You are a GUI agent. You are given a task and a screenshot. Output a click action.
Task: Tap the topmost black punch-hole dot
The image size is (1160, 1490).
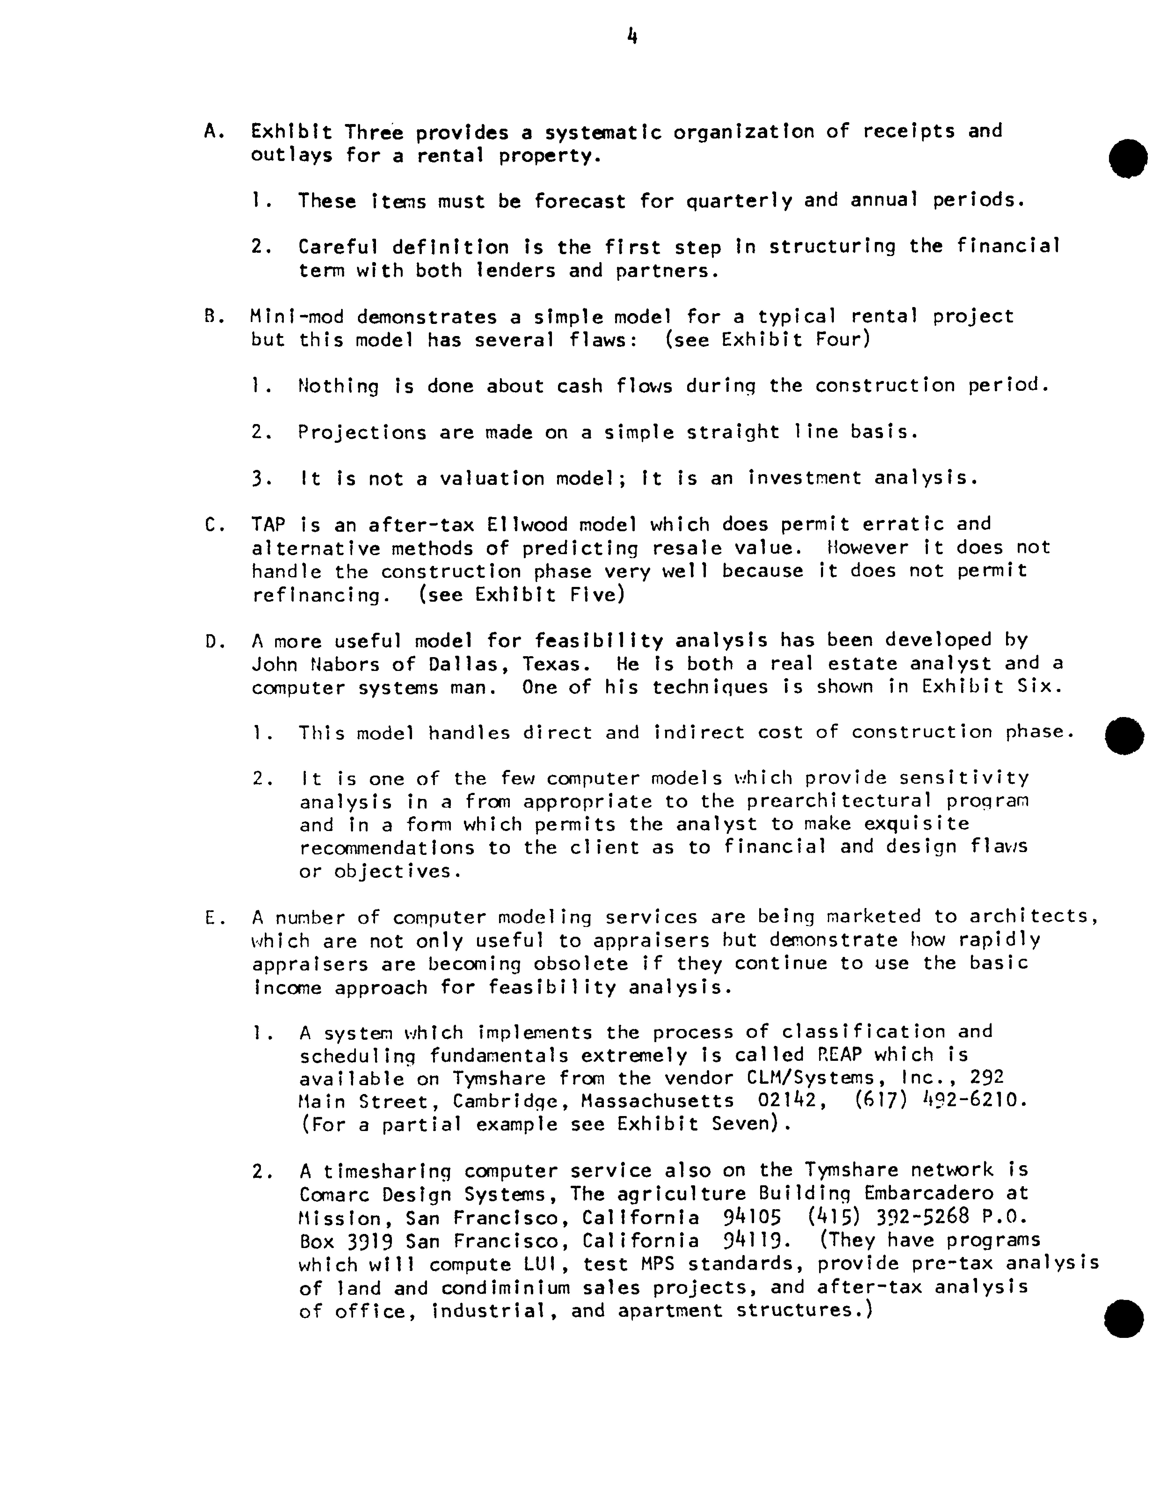[1127, 158]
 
